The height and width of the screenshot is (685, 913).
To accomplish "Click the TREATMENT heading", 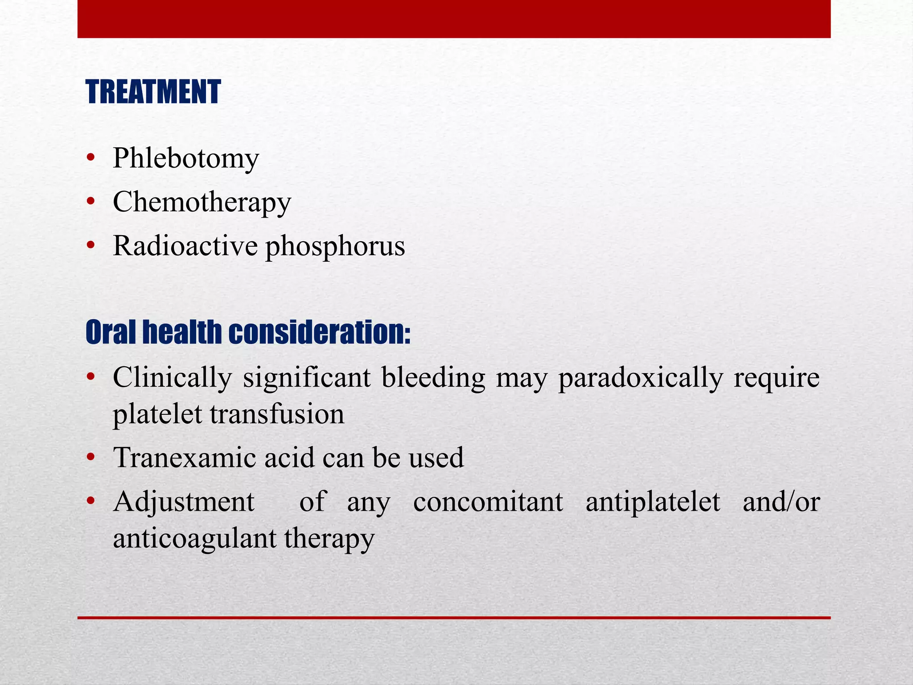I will (x=153, y=92).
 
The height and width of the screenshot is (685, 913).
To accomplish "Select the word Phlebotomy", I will (x=186, y=158).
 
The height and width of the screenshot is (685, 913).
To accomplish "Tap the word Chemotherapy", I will (x=202, y=202).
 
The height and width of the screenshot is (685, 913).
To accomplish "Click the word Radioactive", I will (x=185, y=246).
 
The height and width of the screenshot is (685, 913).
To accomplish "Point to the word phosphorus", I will (x=335, y=247).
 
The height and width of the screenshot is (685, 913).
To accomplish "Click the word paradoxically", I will (x=640, y=378).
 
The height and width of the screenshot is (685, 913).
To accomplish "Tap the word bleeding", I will (x=433, y=378).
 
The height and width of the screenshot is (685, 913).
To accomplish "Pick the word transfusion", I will (x=277, y=414).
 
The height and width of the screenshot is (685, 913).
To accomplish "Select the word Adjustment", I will (x=183, y=502).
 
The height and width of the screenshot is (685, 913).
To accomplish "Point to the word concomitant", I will (x=488, y=502).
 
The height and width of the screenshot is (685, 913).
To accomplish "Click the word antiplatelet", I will (x=652, y=502).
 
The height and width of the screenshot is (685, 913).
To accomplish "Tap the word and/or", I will (x=781, y=502).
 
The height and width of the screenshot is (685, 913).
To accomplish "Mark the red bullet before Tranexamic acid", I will (x=91, y=457).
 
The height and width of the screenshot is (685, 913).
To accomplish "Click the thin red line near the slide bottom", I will (x=454, y=618).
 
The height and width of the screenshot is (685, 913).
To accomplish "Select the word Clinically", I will (x=172, y=378).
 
